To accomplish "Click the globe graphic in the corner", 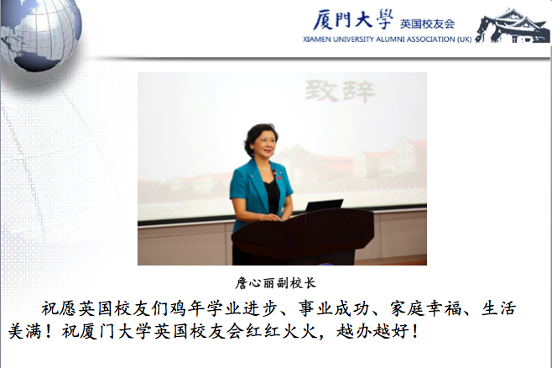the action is (40, 34).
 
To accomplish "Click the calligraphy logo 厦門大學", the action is (353, 19).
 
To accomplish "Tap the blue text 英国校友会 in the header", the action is (427, 24).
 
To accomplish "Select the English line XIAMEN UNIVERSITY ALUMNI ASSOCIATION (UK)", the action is (388, 39).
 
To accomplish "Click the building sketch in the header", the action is (513, 26).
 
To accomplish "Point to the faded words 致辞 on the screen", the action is (340, 91).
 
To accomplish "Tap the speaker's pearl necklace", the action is (264, 169).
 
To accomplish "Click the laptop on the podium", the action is (324, 205).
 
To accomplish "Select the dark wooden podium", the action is (303, 236).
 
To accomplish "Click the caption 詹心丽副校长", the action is (276, 282).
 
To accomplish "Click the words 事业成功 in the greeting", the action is (334, 308).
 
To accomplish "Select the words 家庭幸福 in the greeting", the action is (426, 308).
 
